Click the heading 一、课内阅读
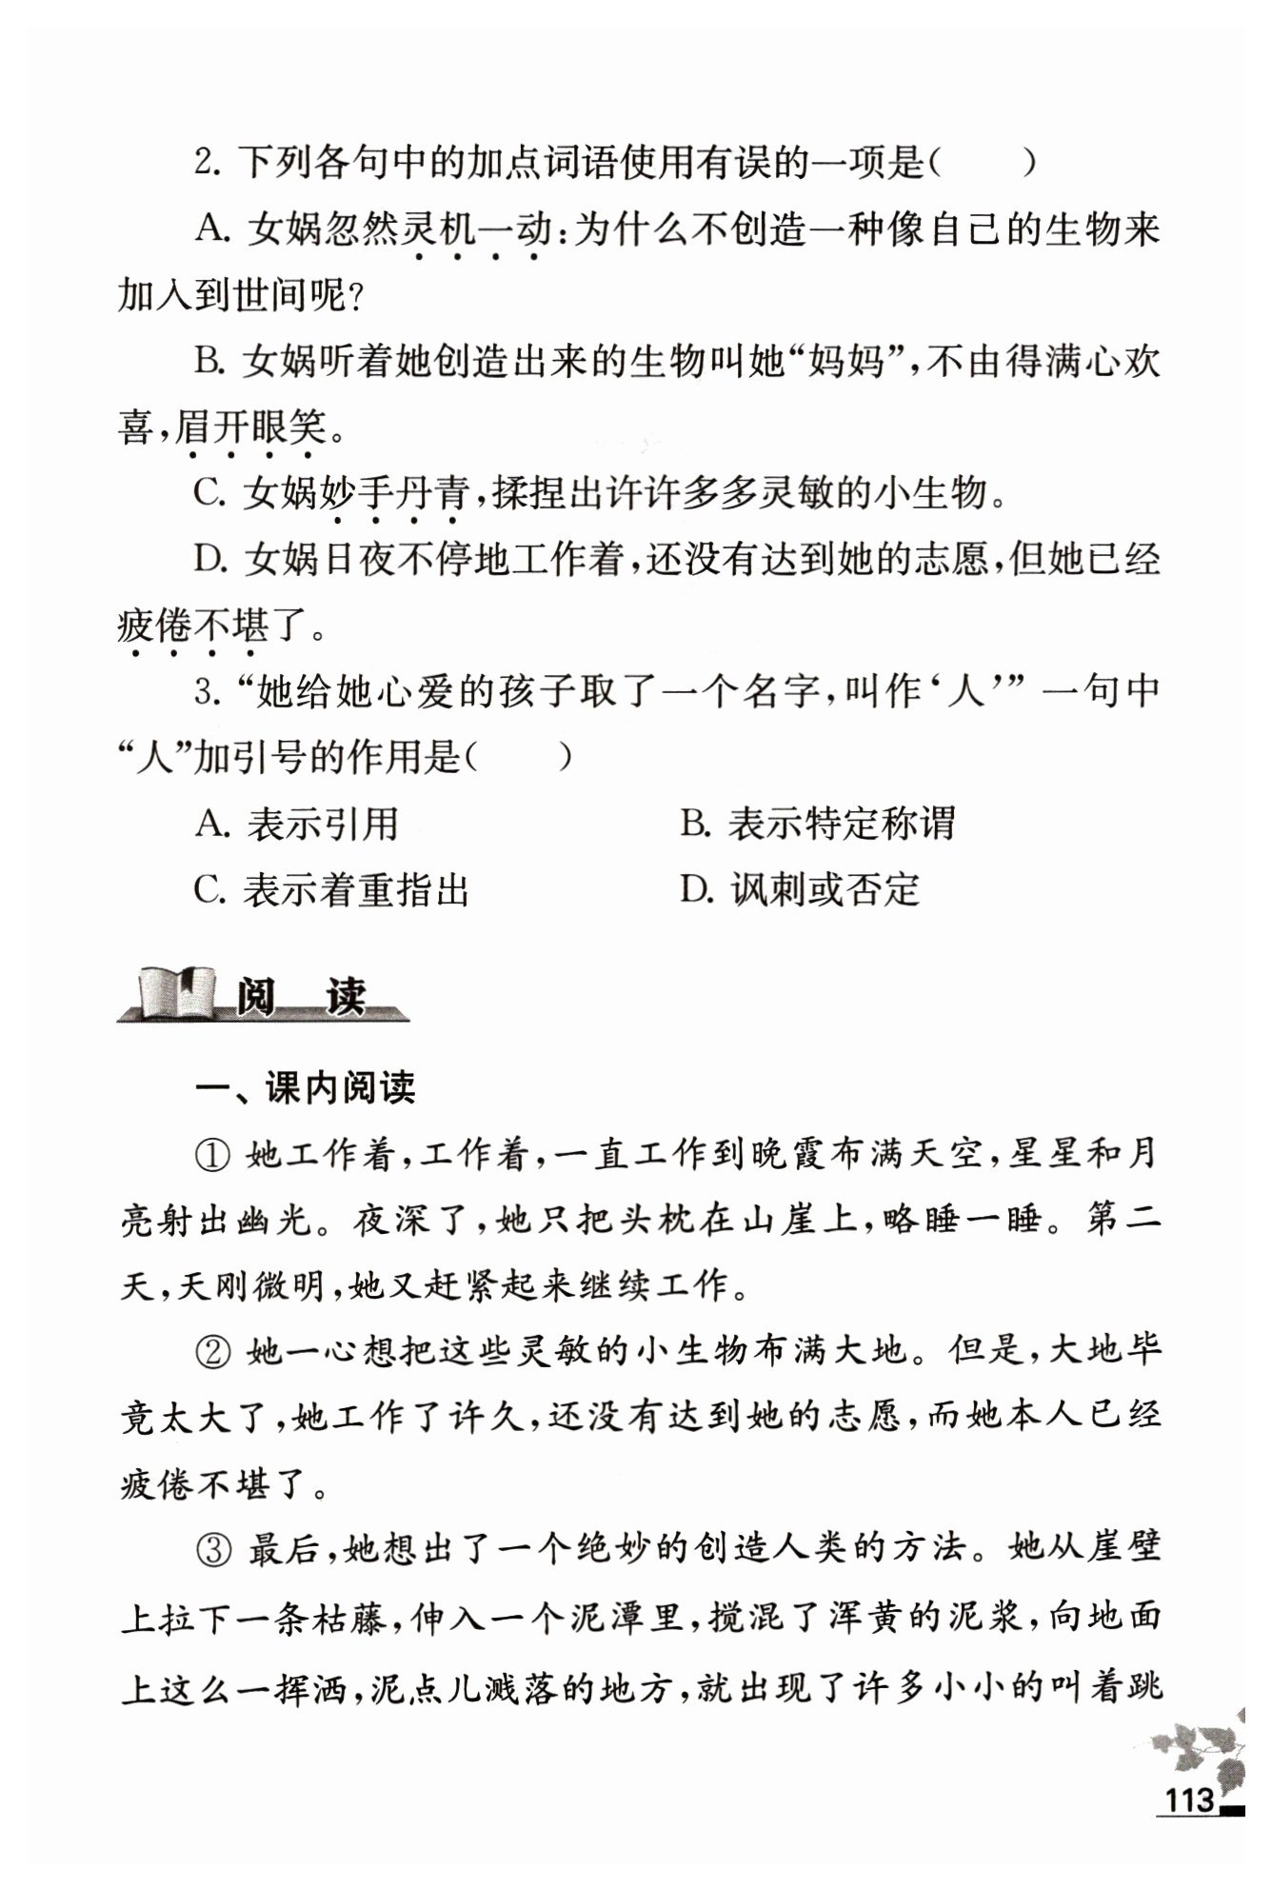tap(305, 1087)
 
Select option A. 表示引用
tap(297, 824)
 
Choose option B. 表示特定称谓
tap(818, 824)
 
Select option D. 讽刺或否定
tap(801, 890)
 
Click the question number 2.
tap(206, 162)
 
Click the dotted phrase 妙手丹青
tap(395, 494)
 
